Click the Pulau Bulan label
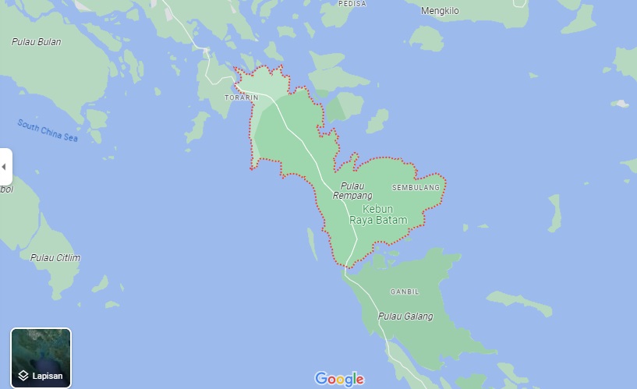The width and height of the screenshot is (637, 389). point(36,41)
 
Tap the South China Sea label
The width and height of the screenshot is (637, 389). point(48,131)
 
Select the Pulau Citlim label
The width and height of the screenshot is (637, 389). point(55,257)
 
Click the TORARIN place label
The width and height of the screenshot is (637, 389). point(241,97)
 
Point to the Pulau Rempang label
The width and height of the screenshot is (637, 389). point(352,190)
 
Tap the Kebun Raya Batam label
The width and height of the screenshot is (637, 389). point(378,215)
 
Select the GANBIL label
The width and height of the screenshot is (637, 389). point(404,292)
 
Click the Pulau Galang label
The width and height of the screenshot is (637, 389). point(405,317)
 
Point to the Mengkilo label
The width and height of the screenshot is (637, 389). point(441,11)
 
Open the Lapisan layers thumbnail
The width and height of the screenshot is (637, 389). point(41,358)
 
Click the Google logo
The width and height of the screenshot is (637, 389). point(339,379)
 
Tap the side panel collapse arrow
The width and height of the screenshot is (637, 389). point(5,167)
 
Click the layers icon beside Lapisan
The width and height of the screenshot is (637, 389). point(23,376)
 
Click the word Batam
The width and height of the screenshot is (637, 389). point(393,221)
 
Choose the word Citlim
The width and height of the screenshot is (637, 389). point(67,257)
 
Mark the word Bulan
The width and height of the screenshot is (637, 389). point(48,41)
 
